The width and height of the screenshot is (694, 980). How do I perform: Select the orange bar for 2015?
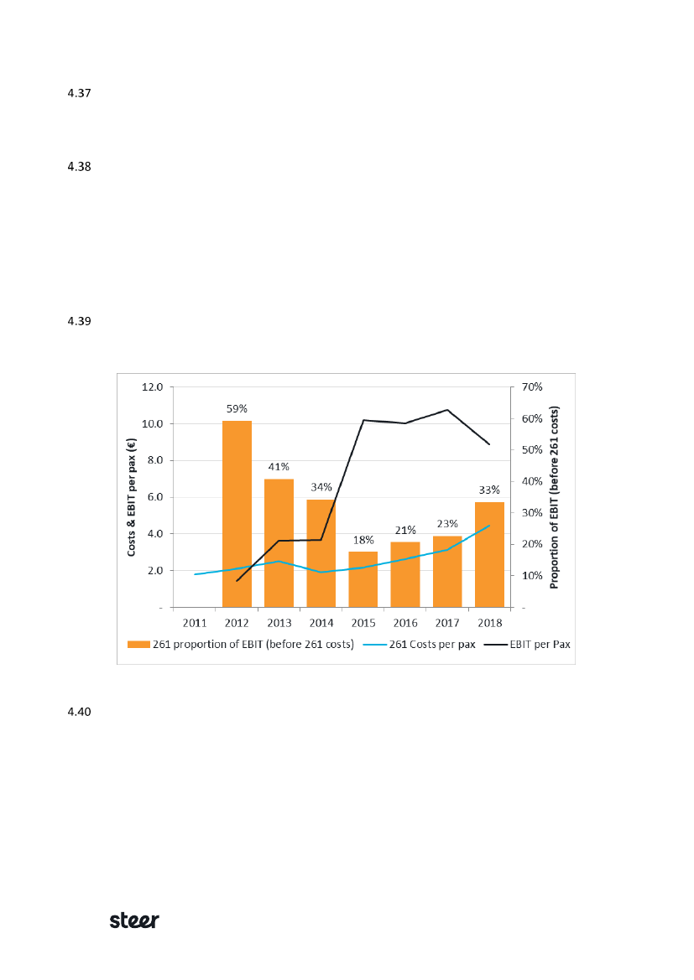click(363, 578)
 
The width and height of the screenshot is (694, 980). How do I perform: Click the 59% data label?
click(237, 409)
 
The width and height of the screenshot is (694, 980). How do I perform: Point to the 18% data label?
click(363, 540)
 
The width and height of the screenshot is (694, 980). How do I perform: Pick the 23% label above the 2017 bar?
click(447, 524)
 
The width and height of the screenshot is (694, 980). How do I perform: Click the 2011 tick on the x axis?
click(195, 623)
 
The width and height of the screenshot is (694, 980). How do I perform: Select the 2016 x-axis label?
click(405, 623)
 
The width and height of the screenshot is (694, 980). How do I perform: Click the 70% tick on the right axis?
click(533, 387)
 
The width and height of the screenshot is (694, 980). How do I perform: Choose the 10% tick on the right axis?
click(533, 576)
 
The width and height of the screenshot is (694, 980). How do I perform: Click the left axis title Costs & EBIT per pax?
click(132, 497)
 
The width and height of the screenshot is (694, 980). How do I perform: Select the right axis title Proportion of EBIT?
click(555, 497)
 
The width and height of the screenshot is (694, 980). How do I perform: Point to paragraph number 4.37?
click(79, 93)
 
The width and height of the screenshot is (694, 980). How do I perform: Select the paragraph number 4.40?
click(79, 713)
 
